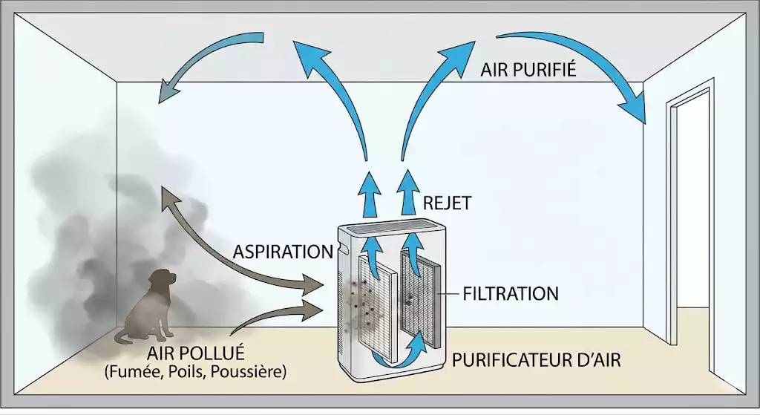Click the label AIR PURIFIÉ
pyautogui.click(x=529, y=71)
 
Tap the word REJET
pyautogui.click(x=446, y=203)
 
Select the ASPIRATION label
pyautogui.click(x=282, y=252)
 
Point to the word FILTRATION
pyautogui.click(x=510, y=293)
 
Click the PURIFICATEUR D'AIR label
pyautogui.click(x=536, y=360)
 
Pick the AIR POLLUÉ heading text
pyautogui.click(x=196, y=352)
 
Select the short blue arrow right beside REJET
pyautogui.click(x=407, y=191)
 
